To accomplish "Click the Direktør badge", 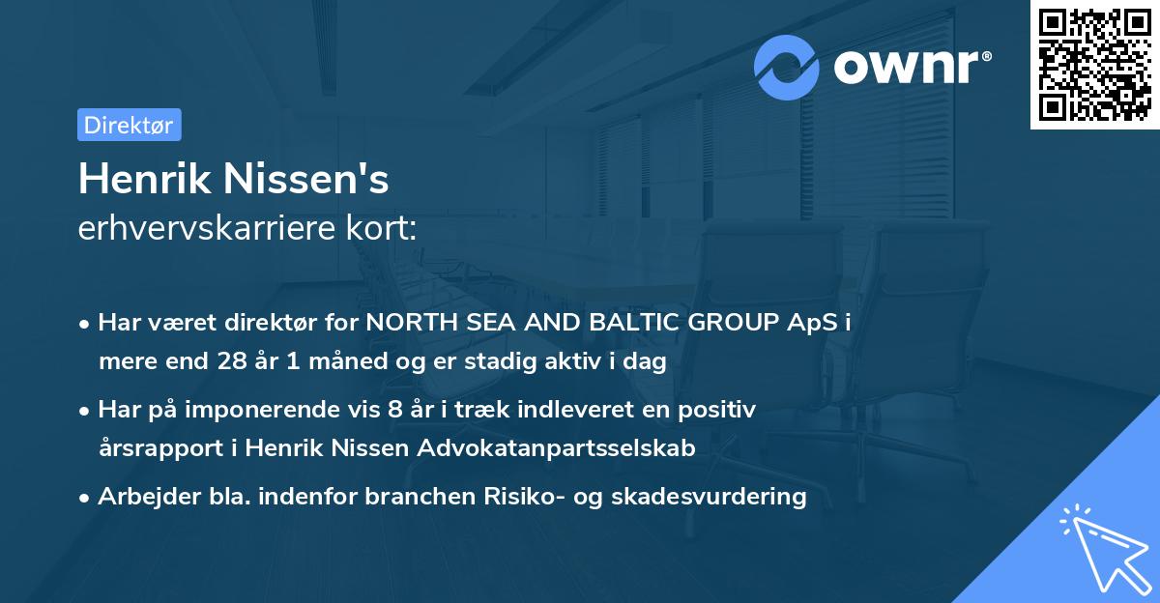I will (129, 125).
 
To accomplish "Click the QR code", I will (1095, 65).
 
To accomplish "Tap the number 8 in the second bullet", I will (393, 410).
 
